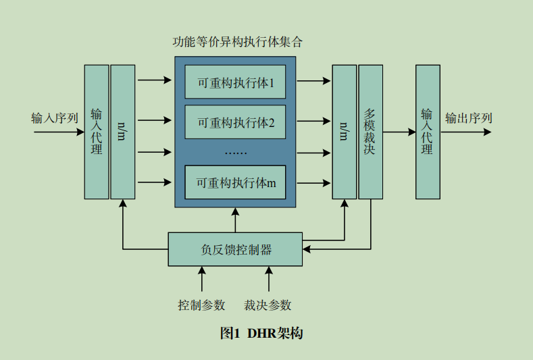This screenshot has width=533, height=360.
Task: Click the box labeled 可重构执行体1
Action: pos(235,82)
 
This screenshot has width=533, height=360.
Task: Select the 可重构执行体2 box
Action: pos(235,122)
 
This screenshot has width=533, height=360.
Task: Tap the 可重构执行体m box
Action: pos(235,182)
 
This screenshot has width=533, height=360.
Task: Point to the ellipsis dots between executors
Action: pos(236,153)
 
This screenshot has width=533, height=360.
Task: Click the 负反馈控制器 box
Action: pos(235,249)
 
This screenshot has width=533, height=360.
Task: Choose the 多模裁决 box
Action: pos(370,132)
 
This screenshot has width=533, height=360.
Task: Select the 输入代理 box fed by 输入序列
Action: pos(97,132)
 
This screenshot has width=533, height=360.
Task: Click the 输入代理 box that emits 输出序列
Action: pos(428,132)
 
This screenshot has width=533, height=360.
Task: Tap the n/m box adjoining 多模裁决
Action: pos(345,132)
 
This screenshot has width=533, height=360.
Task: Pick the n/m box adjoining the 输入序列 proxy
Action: pos(123,132)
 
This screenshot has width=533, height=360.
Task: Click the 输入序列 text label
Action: pos(55,118)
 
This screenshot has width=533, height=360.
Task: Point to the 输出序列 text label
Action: pos(468,118)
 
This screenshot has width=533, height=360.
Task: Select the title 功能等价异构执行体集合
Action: pos(237,42)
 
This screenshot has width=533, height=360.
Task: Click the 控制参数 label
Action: pos(201,305)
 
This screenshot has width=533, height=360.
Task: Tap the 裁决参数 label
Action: pos(268,305)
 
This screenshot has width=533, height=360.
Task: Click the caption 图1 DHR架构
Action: pos(261,333)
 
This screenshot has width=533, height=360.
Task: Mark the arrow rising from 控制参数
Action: pos(202,279)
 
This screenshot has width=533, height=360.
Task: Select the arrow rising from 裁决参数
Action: pos(269,279)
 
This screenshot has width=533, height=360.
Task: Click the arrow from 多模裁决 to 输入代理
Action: pos(399,132)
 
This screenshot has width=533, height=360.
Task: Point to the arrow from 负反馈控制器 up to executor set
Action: pos(235,220)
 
